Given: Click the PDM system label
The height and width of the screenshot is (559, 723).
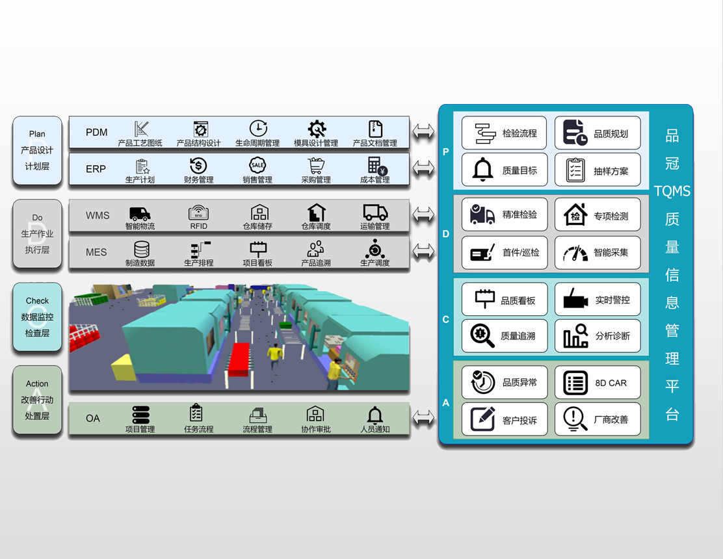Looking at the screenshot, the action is coord(96,132).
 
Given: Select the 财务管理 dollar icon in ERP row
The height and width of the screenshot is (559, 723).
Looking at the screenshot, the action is coord(198,166).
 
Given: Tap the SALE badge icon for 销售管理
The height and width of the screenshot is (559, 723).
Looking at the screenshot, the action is coord(257,165).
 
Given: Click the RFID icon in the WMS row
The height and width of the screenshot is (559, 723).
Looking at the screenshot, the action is coord(198,213).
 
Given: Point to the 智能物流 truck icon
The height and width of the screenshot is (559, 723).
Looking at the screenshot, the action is coord(140,214).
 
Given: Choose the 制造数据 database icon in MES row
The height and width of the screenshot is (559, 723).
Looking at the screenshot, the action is coord(142,250).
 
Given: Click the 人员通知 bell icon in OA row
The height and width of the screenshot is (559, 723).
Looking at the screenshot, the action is coord(375,415).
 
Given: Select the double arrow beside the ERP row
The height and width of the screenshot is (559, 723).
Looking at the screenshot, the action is coord(423,168).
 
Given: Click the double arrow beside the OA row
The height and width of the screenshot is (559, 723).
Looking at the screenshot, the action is coord(423,418).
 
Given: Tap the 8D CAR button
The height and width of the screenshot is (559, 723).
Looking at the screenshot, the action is coord(598,382).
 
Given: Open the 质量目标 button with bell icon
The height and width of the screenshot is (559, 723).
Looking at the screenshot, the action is coord(505,170).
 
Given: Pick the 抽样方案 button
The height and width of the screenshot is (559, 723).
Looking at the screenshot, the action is coord(598,170).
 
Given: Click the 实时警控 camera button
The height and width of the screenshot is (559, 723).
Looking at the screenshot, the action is coord(598,300).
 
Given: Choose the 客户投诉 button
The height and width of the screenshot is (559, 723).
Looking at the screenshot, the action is coord(505,419).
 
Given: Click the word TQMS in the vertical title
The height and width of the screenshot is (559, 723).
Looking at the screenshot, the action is coord(672,191).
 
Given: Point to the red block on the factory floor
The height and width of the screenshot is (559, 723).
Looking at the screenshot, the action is coord(239,359).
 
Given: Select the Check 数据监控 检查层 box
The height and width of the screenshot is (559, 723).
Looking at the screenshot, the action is coord(37,317).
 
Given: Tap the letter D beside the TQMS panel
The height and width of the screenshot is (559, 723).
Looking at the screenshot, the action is coord(445,233).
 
